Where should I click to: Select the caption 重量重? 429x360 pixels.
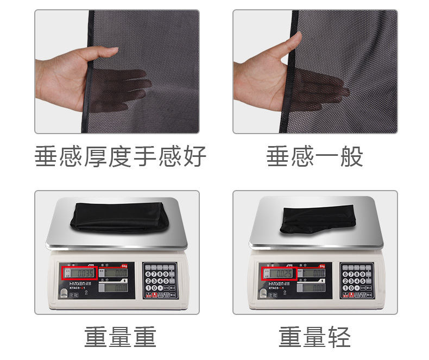[x=120, y=337]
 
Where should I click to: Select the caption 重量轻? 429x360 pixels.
[x=315, y=337]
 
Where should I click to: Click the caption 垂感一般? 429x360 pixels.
[x=315, y=157]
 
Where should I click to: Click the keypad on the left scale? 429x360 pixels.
[x=160, y=280]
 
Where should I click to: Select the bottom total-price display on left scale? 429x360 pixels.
[x=116, y=288]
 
